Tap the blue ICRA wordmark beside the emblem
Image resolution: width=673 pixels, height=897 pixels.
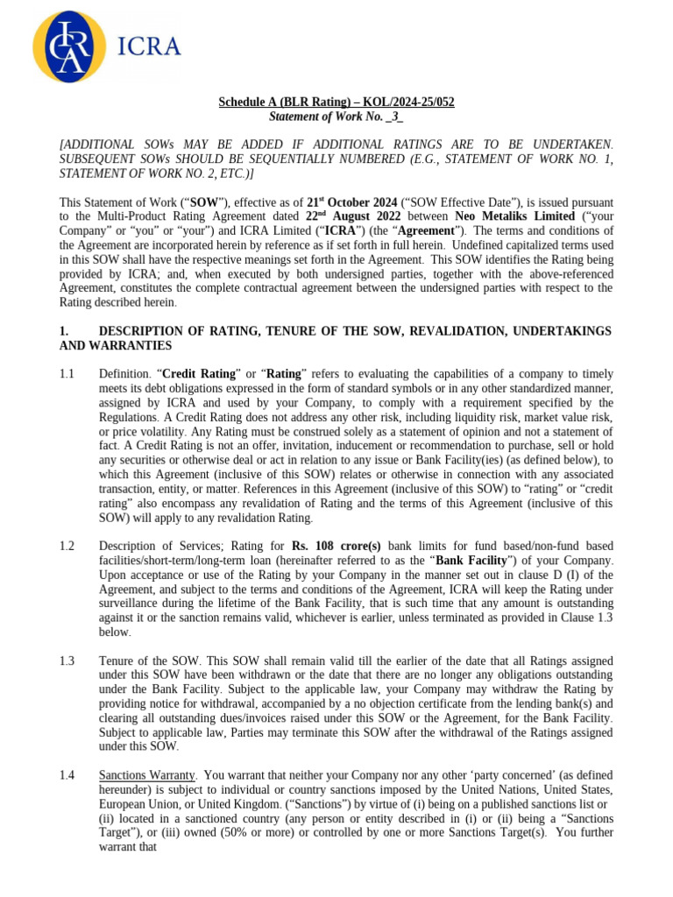tap(148, 46)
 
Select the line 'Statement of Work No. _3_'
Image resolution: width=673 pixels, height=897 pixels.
tap(336, 117)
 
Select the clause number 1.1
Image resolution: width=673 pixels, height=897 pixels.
tap(67, 374)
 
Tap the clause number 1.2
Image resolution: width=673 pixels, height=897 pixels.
tap(67, 546)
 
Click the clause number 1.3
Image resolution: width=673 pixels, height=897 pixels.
tap(67, 660)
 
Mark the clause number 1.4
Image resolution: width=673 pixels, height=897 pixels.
tap(67, 775)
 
